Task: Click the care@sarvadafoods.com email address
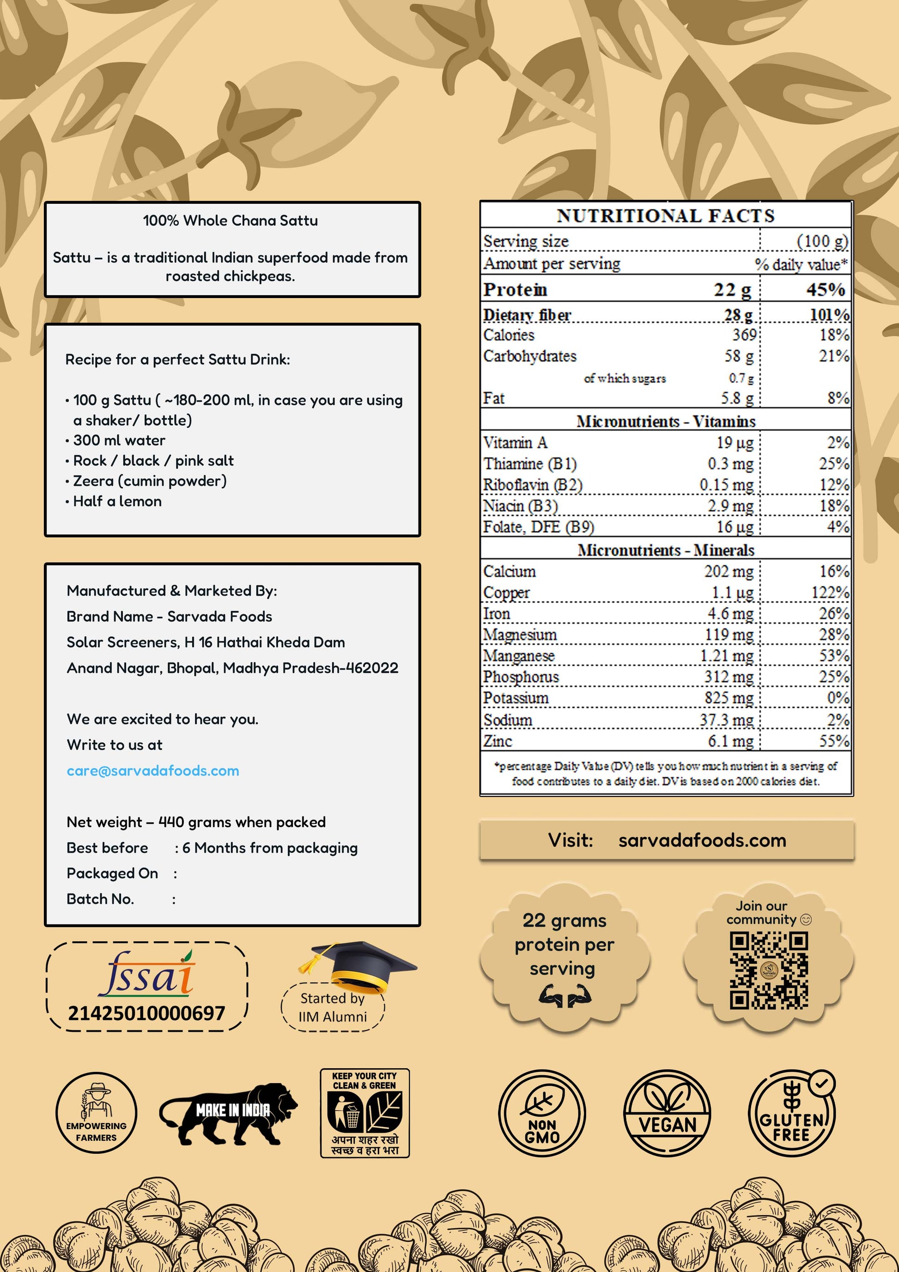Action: pos(153,771)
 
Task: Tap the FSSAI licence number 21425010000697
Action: pos(146,1013)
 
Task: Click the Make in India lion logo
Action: pos(228,1114)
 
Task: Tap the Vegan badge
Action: pos(667,1114)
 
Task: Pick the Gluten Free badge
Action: pos(792,1114)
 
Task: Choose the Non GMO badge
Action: pos(542,1114)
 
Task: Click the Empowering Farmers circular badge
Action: pos(97,1114)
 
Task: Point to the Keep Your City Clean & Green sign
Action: pos(364,1113)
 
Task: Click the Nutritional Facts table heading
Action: pos(665,215)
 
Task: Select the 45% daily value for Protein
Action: pos(826,289)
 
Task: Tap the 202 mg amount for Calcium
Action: pos(729,571)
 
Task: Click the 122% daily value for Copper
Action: pos(830,592)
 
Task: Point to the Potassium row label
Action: pos(516,698)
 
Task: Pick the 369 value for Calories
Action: pos(744,335)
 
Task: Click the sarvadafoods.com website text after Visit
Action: pos(702,840)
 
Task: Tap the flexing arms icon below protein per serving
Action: pos(565,996)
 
